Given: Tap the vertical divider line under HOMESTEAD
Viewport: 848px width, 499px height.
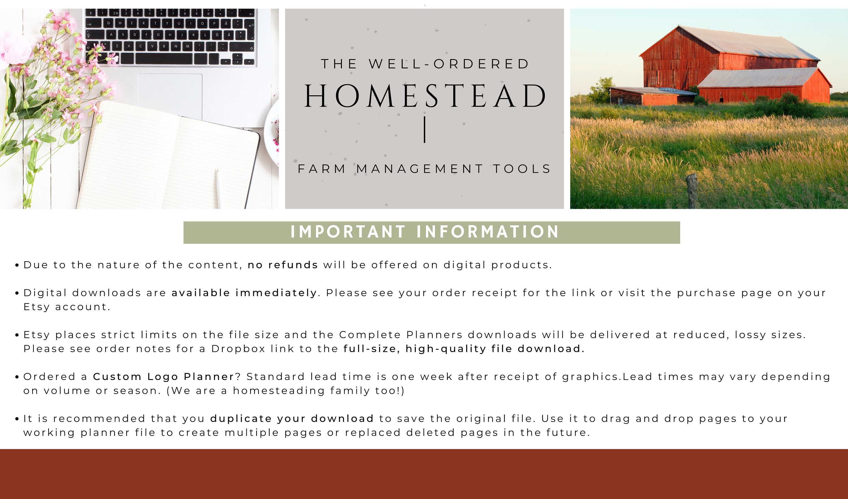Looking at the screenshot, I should pyautogui.click(x=425, y=129).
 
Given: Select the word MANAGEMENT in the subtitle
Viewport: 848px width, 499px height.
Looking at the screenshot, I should pyautogui.click(x=420, y=169).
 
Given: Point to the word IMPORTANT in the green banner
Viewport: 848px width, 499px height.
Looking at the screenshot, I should pyautogui.click(x=348, y=232).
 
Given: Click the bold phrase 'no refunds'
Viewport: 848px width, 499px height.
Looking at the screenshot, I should pyautogui.click(x=283, y=265).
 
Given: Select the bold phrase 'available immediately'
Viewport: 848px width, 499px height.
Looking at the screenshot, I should pyautogui.click(x=244, y=293).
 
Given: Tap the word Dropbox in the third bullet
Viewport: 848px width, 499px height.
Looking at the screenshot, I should pyautogui.click(x=238, y=349).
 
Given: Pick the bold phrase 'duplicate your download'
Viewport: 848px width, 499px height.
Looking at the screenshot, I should pyautogui.click(x=292, y=419).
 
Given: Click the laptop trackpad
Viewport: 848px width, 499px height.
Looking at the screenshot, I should pyautogui.click(x=170, y=96).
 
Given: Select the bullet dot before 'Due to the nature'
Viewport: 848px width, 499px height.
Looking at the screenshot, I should pyautogui.click(x=17, y=265).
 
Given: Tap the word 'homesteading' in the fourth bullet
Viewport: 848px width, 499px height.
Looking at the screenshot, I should pyautogui.click(x=279, y=391).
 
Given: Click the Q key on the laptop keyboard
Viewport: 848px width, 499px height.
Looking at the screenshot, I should pyautogui.click(x=108, y=23).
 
